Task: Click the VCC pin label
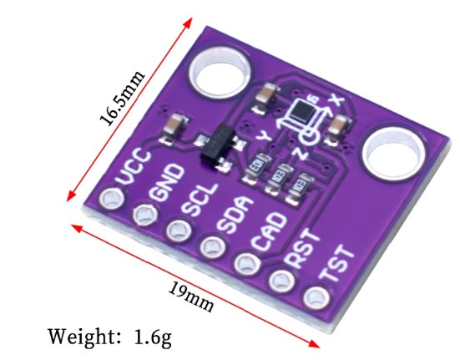tap(134, 167)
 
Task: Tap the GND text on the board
tap(166, 183)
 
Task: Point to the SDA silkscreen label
tap(235, 214)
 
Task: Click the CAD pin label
tap(269, 231)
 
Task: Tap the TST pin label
tap(336, 263)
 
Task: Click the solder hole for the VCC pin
tap(111, 198)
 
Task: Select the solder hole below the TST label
tap(316, 297)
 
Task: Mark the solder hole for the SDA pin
tap(213, 246)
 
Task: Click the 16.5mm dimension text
tap(122, 98)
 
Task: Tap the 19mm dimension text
tap(191, 297)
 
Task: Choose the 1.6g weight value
tap(153, 337)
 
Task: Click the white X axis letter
tap(336, 99)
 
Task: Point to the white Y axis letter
tap(264, 136)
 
